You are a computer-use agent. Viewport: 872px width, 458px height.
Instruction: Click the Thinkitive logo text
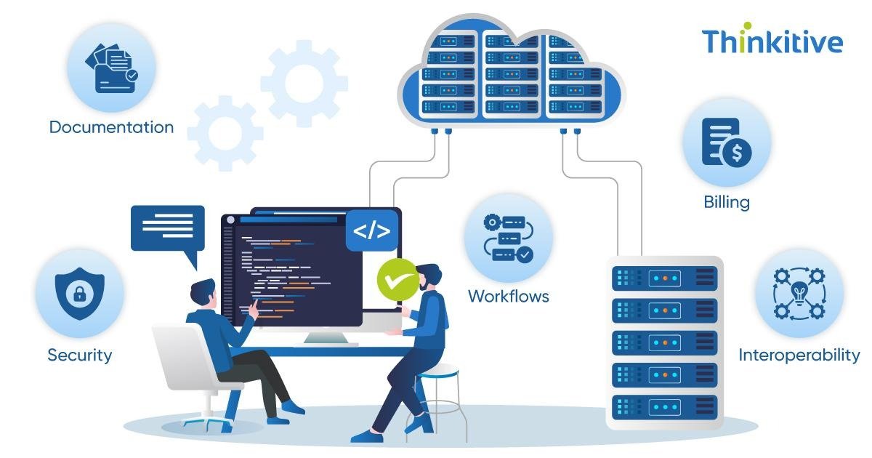772,41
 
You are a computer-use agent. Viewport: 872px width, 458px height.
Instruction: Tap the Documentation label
111,127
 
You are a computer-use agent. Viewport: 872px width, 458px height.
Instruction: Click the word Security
80,355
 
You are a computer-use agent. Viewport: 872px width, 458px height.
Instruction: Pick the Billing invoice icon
726,143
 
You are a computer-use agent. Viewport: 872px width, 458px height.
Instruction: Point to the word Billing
726,202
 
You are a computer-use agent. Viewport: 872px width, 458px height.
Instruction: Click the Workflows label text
508,296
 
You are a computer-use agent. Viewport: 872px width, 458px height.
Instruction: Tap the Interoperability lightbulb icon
799,293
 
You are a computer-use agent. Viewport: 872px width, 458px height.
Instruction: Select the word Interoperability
799,355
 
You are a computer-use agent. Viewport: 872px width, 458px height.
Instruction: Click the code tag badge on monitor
371,230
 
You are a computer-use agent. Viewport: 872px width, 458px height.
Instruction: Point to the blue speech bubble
167,228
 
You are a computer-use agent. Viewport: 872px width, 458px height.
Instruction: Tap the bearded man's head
429,276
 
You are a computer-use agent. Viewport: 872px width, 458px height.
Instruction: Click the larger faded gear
304,79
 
